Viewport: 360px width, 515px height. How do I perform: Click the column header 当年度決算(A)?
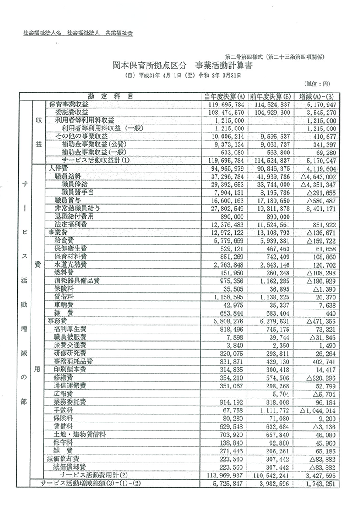224,96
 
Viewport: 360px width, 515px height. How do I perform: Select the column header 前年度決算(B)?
271,96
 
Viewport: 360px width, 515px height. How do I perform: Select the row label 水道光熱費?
70,265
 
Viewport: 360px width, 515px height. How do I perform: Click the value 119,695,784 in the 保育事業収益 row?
224,104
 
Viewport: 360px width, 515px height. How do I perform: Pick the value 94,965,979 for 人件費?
224,168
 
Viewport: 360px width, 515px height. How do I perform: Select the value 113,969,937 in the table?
224,475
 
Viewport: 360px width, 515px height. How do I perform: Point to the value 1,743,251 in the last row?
318,483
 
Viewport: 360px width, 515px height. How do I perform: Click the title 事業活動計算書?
224,66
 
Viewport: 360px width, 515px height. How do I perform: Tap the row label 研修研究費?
70,353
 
